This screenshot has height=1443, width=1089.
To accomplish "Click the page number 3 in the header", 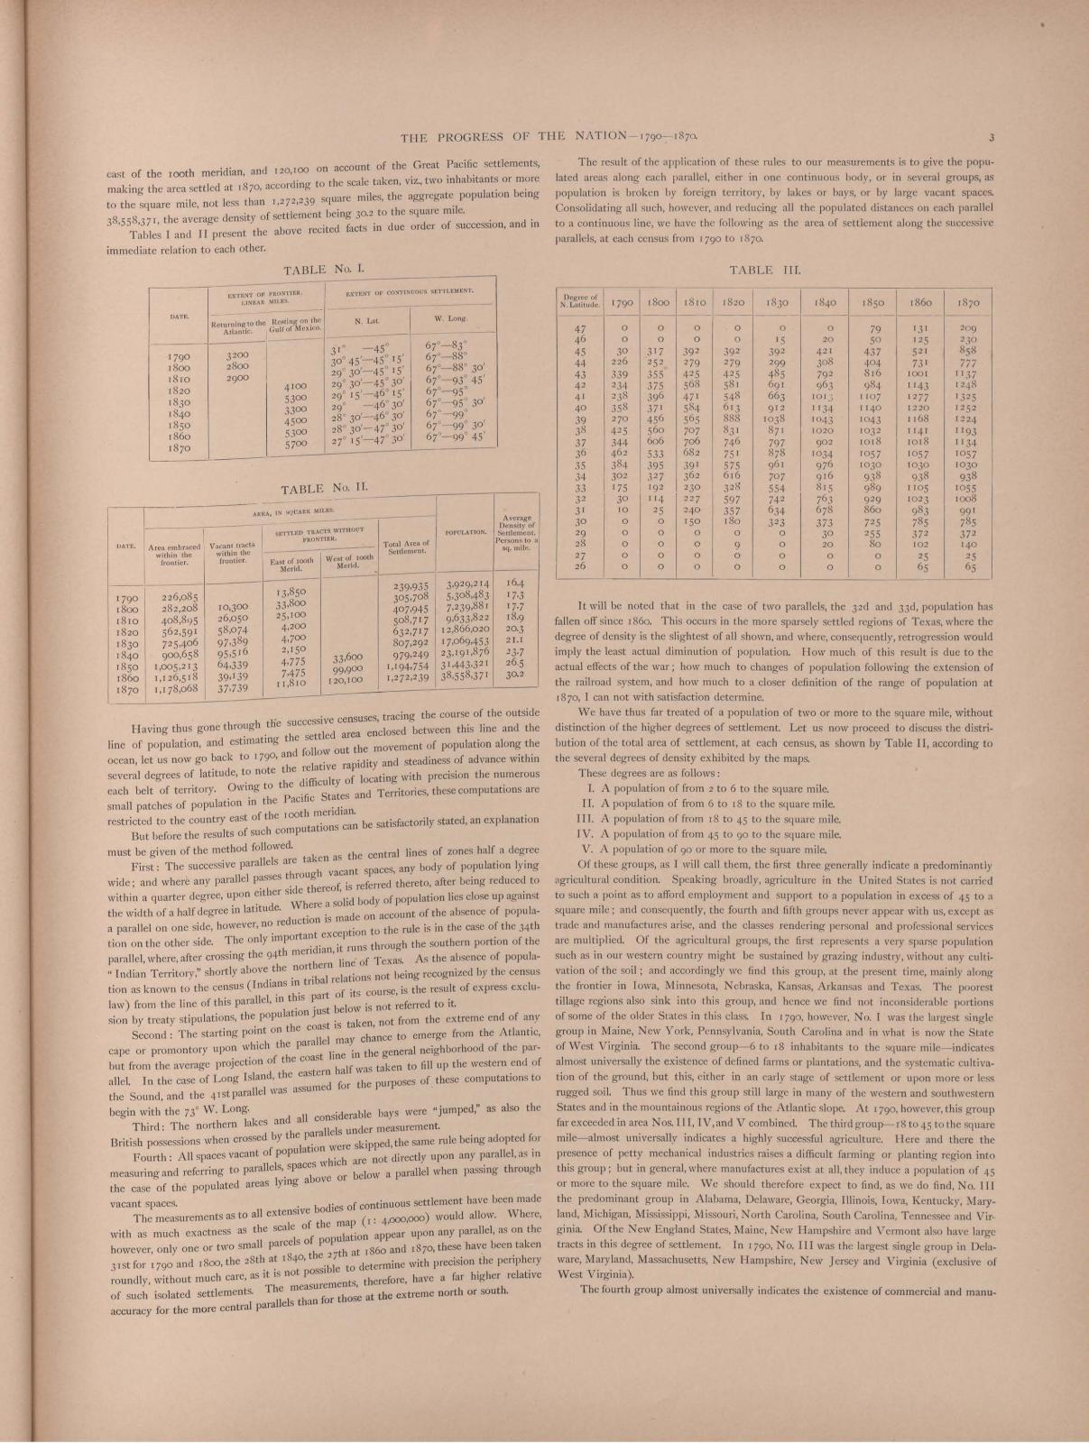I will [990, 138].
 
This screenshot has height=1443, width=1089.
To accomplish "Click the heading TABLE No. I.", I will [323, 268].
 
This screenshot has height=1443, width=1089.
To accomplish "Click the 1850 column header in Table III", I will [874, 303].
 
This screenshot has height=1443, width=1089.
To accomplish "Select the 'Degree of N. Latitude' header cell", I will [581, 300].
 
